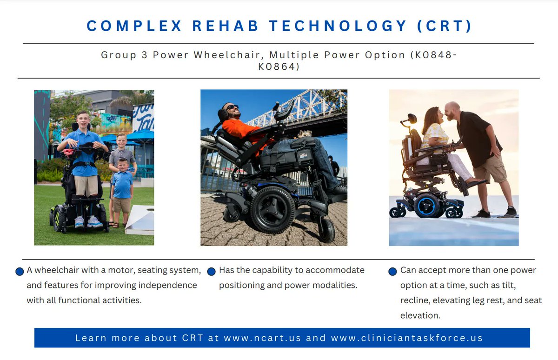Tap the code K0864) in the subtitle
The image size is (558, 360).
pyautogui.click(x=279, y=67)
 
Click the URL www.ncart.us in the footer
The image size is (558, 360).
pyautogui.click(x=262, y=338)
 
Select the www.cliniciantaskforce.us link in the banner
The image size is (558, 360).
pyautogui.click(x=407, y=338)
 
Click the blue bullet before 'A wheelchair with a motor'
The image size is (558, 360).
pyautogui.click(x=20, y=271)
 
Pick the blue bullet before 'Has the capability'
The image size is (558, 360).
pyautogui.click(x=211, y=271)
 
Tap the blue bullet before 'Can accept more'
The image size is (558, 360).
pyautogui.click(x=392, y=271)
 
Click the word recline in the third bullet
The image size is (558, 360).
pyautogui.click(x=415, y=300)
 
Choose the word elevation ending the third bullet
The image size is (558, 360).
pyautogui.click(x=420, y=315)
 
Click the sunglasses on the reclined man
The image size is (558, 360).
pyautogui.click(x=231, y=108)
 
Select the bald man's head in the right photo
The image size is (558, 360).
pyautogui.click(x=452, y=110)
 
